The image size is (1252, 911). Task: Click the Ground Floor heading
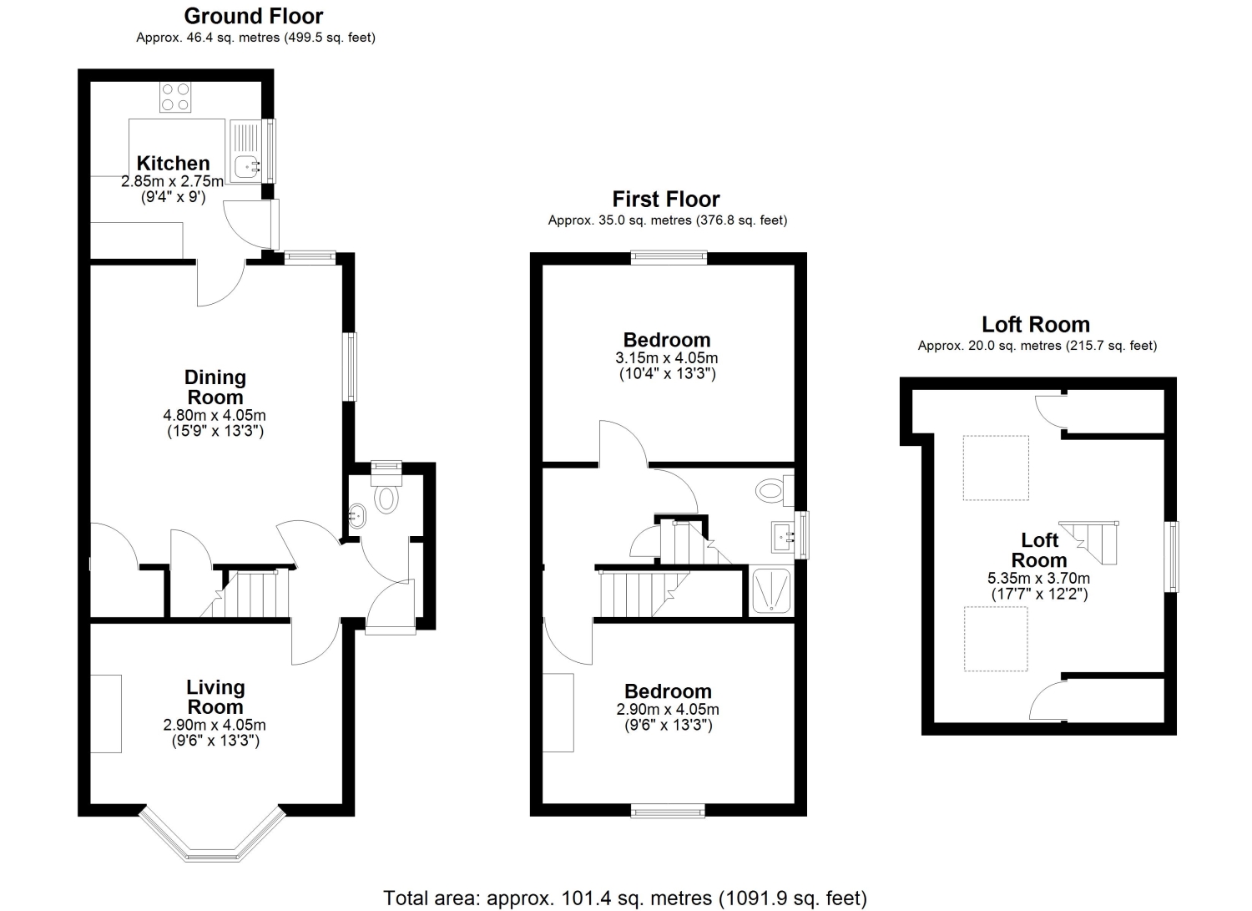tap(253, 16)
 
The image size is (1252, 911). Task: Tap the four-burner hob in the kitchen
tap(175, 97)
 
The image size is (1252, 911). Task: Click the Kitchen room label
tap(174, 164)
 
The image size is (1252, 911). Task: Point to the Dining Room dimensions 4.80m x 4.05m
tap(214, 416)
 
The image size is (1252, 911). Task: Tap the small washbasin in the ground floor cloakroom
tap(356, 516)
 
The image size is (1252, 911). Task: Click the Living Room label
tap(215, 696)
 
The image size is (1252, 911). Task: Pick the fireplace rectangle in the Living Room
tap(106, 714)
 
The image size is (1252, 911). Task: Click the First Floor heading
tap(666, 199)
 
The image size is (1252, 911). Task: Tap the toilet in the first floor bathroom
tap(775, 490)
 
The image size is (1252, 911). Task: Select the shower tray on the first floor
tap(771, 590)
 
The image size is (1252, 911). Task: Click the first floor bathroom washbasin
tap(783, 538)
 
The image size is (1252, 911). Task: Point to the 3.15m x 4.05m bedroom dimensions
tap(667, 358)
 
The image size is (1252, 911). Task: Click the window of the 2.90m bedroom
tap(668, 811)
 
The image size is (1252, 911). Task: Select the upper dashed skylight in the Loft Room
tap(996, 468)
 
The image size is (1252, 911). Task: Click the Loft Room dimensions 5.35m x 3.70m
tap(1038, 579)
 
